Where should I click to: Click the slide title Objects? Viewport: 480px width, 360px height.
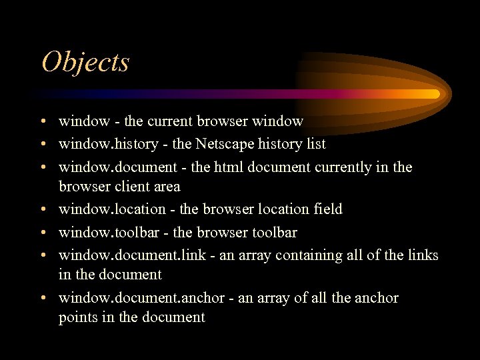(x=85, y=63)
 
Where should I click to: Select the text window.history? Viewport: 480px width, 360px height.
(x=108, y=144)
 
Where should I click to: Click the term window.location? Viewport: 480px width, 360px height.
(x=111, y=209)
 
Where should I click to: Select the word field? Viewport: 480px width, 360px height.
(x=328, y=209)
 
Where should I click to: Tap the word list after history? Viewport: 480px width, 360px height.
(x=315, y=144)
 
